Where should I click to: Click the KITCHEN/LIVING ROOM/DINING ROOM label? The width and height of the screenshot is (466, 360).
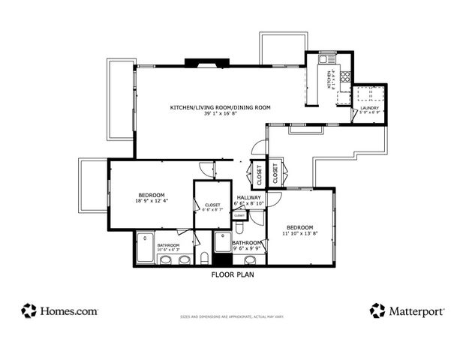[x=220, y=107]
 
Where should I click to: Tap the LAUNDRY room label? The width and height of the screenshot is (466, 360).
[x=368, y=108]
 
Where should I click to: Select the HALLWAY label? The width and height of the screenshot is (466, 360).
[x=248, y=196]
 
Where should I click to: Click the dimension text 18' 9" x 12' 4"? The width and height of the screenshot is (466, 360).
[x=151, y=200]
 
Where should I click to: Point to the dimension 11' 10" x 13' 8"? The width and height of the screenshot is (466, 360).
[x=299, y=233]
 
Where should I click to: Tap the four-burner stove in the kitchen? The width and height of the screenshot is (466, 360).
[x=345, y=75]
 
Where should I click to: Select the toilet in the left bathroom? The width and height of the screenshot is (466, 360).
[x=204, y=259]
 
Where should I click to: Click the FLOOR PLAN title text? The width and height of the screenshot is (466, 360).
[x=233, y=274]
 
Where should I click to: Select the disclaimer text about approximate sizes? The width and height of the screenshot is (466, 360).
[x=233, y=317]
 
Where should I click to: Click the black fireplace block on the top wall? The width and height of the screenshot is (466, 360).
[x=200, y=64]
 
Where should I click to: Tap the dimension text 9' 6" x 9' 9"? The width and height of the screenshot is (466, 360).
[x=247, y=248]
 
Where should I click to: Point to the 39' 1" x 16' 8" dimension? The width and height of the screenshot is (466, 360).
[x=220, y=114]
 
